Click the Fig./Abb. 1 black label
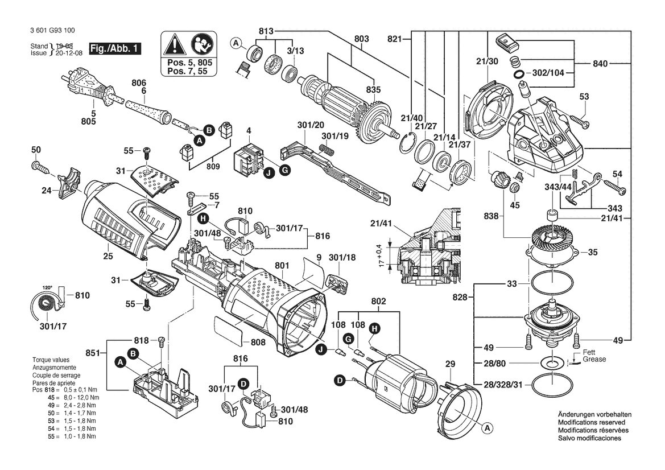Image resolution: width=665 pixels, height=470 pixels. [114, 48]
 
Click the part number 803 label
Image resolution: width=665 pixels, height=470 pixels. [361, 39]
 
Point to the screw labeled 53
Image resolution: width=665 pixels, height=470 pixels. [580, 121]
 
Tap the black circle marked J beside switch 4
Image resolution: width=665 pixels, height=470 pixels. [267, 173]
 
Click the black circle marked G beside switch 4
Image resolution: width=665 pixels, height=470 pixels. [285, 171]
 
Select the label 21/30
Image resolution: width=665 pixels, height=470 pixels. [487, 61]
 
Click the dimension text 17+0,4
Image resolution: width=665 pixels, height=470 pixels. [382, 255]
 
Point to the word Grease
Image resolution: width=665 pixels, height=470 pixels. [594, 359]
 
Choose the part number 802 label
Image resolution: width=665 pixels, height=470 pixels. [378, 301]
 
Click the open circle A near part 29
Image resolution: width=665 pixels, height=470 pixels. [488, 428]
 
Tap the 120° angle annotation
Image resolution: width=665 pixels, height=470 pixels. [47, 287]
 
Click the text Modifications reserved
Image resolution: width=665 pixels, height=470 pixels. [592, 423]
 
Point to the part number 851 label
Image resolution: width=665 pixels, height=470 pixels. [93, 353]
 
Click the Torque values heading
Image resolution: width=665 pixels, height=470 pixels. [51, 360]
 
